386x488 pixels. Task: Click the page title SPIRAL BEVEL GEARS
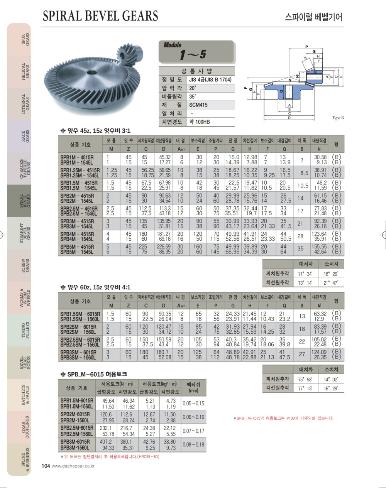pos(100,16)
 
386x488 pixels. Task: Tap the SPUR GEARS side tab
pos(25,39)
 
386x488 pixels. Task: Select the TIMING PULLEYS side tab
pos(25,330)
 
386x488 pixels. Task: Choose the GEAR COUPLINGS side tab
pos(25,427)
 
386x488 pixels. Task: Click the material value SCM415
pos(198,105)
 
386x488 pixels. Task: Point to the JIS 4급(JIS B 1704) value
pos(210,79)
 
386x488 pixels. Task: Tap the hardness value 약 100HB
pos(200,122)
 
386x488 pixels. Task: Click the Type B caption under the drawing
pos(338,118)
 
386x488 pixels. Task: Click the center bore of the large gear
pos(92,73)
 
